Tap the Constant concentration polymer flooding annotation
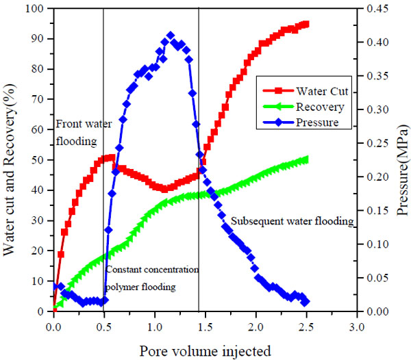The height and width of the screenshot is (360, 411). pyautogui.click(x=152, y=278)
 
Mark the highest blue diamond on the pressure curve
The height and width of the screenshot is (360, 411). pyautogui.click(x=171, y=36)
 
